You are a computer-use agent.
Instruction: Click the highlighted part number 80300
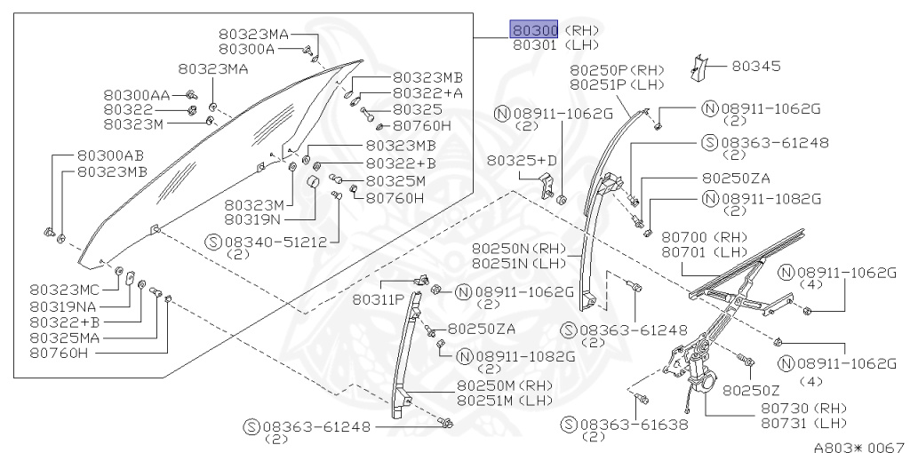533,30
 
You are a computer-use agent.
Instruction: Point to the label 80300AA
134,95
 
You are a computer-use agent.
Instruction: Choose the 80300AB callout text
110,155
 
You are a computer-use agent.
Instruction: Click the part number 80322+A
427,93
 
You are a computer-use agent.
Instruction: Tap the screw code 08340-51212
278,241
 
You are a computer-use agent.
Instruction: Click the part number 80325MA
65,337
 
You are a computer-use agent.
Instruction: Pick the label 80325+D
522,160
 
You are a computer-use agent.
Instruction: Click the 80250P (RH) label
616,70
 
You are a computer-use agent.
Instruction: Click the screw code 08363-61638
635,425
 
